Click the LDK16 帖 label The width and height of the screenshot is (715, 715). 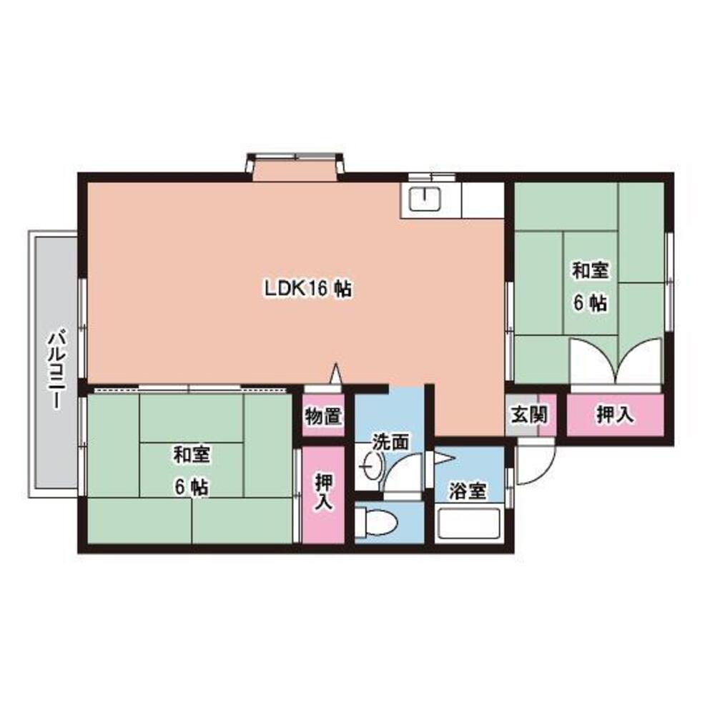[x=307, y=290]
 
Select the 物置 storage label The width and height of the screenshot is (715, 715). [x=323, y=415]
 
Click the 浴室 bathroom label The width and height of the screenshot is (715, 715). [x=468, y=491]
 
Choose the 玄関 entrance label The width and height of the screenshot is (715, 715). [x=530, y=415]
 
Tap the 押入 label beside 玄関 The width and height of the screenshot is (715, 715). [x=615, y=415]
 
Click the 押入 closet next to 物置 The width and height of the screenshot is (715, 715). [x=323, y=493]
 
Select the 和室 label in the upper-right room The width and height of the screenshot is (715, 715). [x=590, y=271]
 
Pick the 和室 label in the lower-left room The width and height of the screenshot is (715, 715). [x=191, y=454]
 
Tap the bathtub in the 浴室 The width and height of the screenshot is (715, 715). [x=469, y=526]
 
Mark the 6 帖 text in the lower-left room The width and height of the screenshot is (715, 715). [x=191, y=487]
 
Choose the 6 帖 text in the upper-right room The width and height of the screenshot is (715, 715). [x=590, y=303]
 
